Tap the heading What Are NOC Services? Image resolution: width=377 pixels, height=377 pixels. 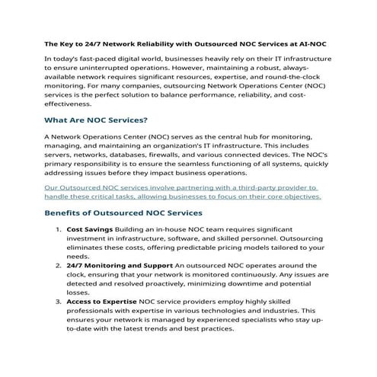click(x=96, y=120)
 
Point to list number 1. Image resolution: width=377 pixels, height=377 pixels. click(x=59, y=228)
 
